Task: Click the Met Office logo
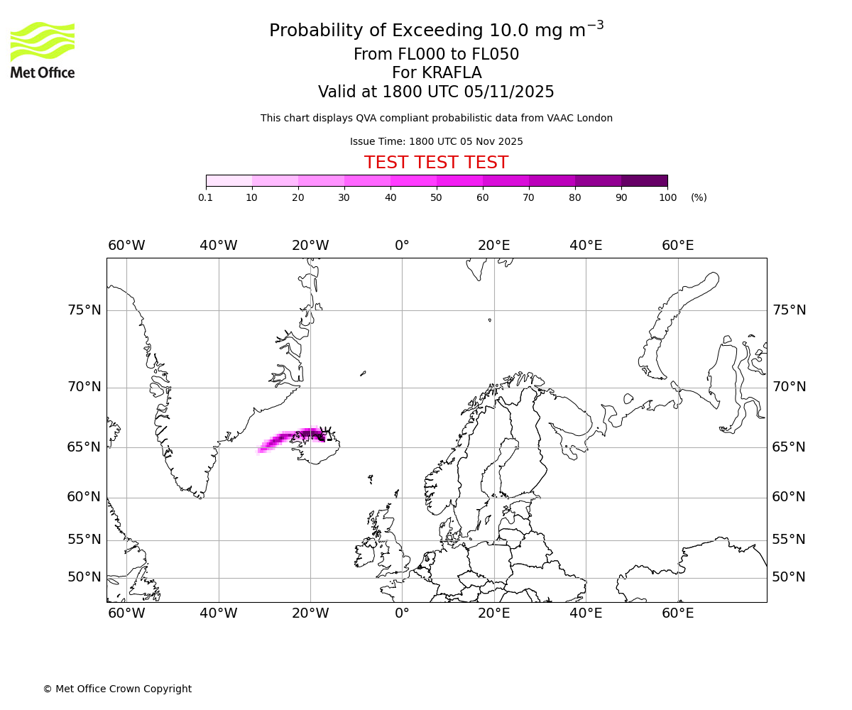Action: tap(43, 50)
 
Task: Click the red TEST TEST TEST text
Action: tap(436, 163)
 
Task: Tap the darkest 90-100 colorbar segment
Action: tap(644, 180)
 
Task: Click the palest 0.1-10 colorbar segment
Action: tap(229, 180)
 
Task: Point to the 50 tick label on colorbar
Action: tap(436, 197)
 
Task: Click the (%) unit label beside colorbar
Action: tap(699, 197)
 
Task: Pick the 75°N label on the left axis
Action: tap(84, 310)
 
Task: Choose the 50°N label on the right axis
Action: tap(789, 577)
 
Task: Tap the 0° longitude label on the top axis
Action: tap(402, 246)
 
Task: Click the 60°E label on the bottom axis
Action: tap(677, 613)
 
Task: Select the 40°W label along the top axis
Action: tap(218, 246)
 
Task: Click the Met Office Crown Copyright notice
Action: tap(117, 689)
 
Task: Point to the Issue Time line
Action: tap(436, 141)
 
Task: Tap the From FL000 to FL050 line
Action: tap(436, 55)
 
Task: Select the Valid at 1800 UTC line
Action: tap(436, 92)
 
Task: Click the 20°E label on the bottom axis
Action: tap(493, 613)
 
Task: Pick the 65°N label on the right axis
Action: tap(789, 447)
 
